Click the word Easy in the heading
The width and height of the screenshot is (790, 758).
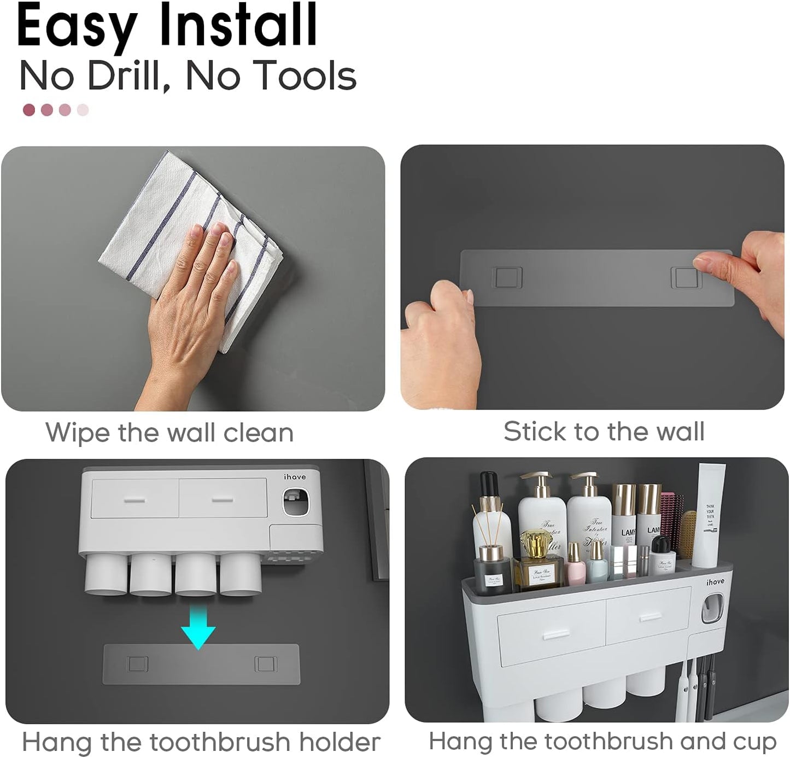77,26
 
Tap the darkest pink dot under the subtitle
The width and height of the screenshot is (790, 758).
29,110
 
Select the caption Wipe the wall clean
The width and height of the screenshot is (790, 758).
169,433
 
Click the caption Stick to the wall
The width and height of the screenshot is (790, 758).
604,432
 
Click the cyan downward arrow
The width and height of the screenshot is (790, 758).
198,629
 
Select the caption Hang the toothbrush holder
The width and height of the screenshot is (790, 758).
201,742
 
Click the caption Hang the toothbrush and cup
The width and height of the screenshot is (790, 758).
602,742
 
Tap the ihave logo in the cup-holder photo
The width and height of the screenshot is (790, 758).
295,477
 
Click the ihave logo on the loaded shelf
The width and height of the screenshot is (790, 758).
715,582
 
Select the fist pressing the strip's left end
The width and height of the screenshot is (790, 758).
440,339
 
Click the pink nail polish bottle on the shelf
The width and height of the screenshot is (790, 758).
575,566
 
